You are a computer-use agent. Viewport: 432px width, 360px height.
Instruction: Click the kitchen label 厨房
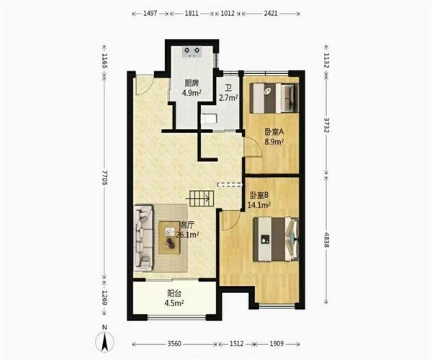192,83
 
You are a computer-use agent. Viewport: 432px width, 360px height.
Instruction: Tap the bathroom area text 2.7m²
228,97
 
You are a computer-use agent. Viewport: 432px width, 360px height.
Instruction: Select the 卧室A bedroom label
274,132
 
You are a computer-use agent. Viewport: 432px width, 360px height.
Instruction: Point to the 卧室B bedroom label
259,195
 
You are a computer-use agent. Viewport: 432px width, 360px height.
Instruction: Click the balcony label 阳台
174,293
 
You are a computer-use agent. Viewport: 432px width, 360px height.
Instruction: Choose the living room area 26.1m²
187,235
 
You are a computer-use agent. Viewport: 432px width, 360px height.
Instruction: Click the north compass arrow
104,341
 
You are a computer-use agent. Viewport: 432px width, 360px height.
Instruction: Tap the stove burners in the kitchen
192,52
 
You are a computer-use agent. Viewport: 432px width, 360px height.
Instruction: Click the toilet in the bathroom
209,120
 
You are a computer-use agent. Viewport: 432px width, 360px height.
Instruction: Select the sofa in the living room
143,238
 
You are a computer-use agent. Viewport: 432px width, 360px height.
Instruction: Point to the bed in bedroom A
274,98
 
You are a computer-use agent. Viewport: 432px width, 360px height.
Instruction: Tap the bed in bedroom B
276,239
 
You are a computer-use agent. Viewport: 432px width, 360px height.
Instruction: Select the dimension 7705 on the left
104,178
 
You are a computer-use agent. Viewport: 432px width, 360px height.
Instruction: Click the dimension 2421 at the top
271,13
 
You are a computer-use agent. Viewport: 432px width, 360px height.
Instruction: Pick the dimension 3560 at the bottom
174,343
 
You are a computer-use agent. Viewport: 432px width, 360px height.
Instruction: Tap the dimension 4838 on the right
326,240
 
